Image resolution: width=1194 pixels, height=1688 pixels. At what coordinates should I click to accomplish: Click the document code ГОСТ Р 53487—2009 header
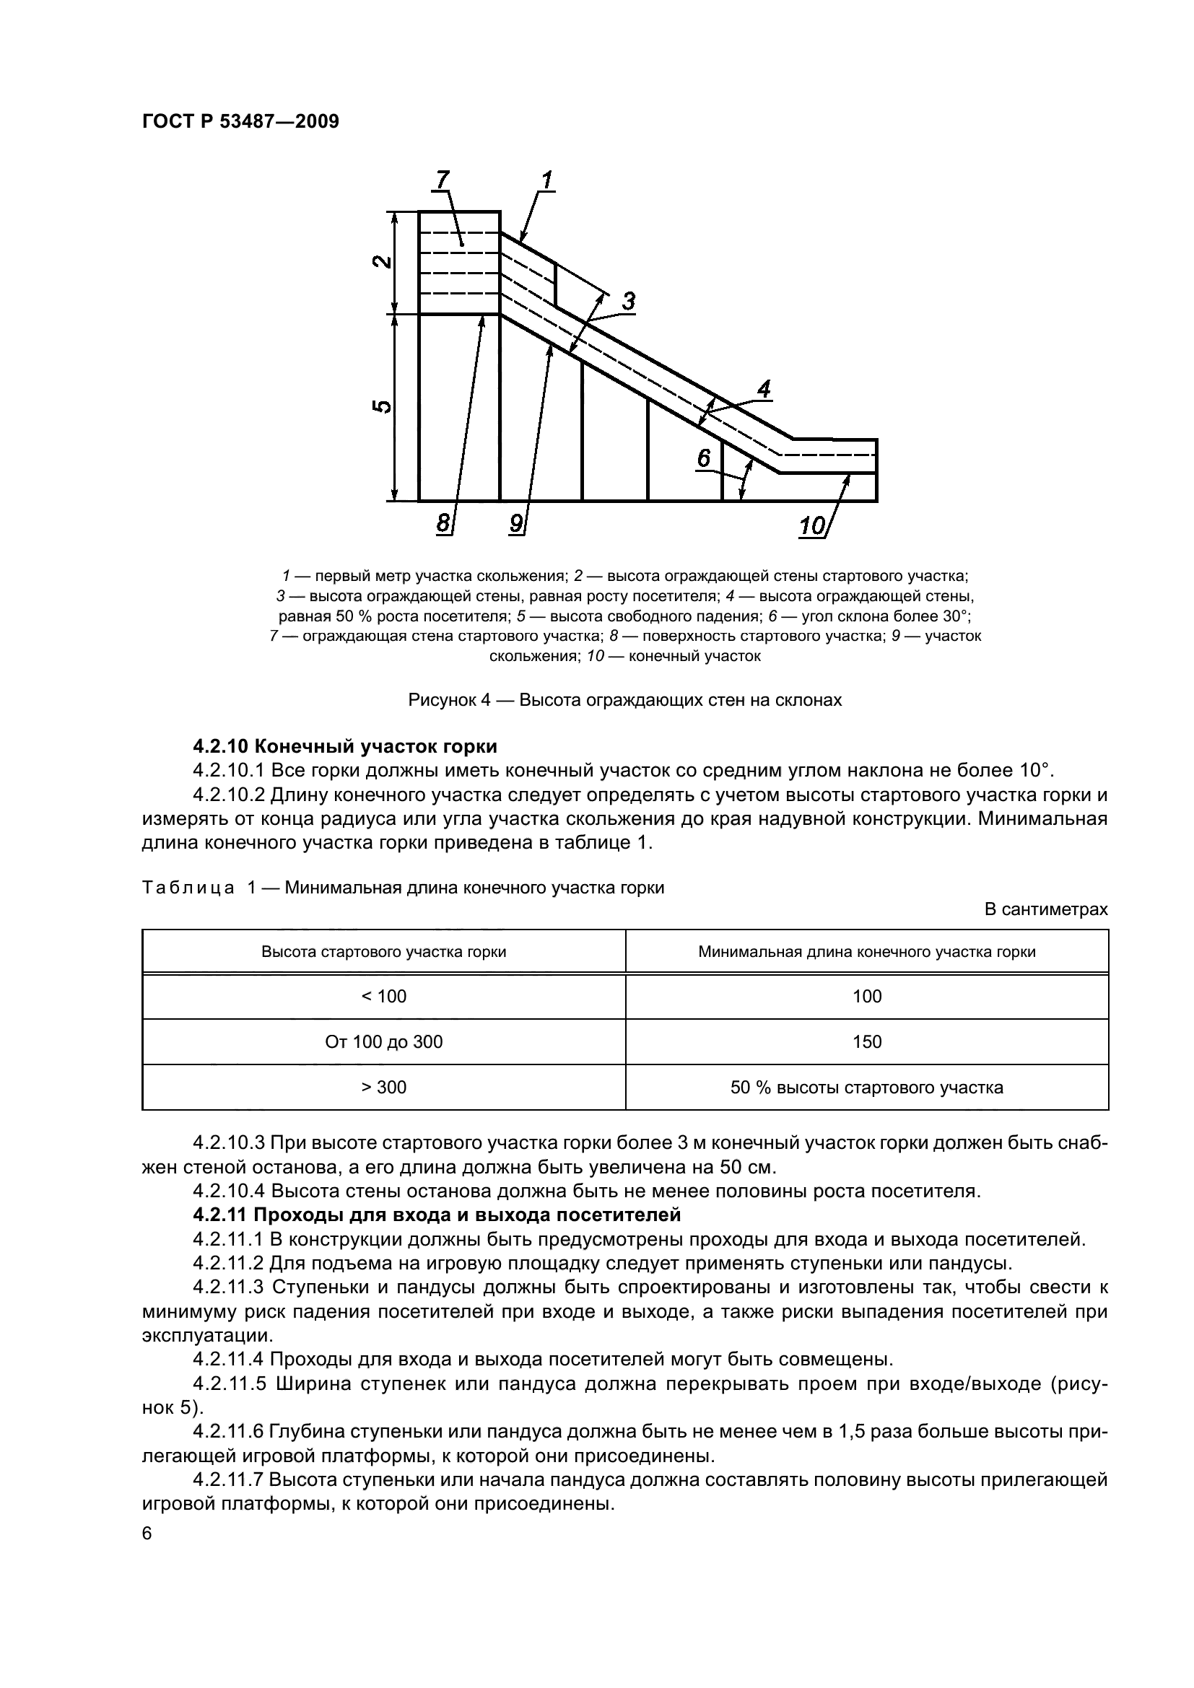[240, 122]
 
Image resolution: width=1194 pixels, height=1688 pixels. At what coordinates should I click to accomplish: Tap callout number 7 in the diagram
[442, 180]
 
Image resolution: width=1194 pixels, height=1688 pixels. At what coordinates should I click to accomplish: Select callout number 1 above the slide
[547, 180]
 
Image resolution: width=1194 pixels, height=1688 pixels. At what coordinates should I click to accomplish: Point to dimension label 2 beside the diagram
[381, 262]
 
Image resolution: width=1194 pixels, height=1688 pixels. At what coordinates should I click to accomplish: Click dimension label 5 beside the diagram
[381, 408]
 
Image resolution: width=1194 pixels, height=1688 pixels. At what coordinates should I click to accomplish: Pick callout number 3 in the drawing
[628, 302]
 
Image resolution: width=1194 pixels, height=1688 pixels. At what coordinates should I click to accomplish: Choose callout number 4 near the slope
[764, 390]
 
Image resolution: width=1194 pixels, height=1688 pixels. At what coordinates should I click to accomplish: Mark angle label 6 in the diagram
[704, 459]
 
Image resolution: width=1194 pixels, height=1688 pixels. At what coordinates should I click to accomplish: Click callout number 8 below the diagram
[443, 523]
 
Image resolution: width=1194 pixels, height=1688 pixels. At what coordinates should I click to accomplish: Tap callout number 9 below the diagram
[516, 523]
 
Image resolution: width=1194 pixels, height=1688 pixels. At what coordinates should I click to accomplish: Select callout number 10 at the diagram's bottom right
[812, 525]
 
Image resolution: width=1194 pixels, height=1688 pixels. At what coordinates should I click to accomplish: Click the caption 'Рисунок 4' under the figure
[624, 700]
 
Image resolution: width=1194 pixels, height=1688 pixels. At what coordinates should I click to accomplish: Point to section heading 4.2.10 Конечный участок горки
[345, 746]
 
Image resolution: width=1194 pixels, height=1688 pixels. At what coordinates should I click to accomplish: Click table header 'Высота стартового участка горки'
[384, 952]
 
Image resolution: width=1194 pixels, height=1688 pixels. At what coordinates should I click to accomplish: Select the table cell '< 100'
[384, 996]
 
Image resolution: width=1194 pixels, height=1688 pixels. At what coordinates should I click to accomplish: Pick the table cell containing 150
[867, 1042]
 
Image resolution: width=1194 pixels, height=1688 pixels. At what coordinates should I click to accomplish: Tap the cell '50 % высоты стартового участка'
[867, 1088]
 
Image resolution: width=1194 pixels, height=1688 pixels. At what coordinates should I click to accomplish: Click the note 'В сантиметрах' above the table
[1045, 909]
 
